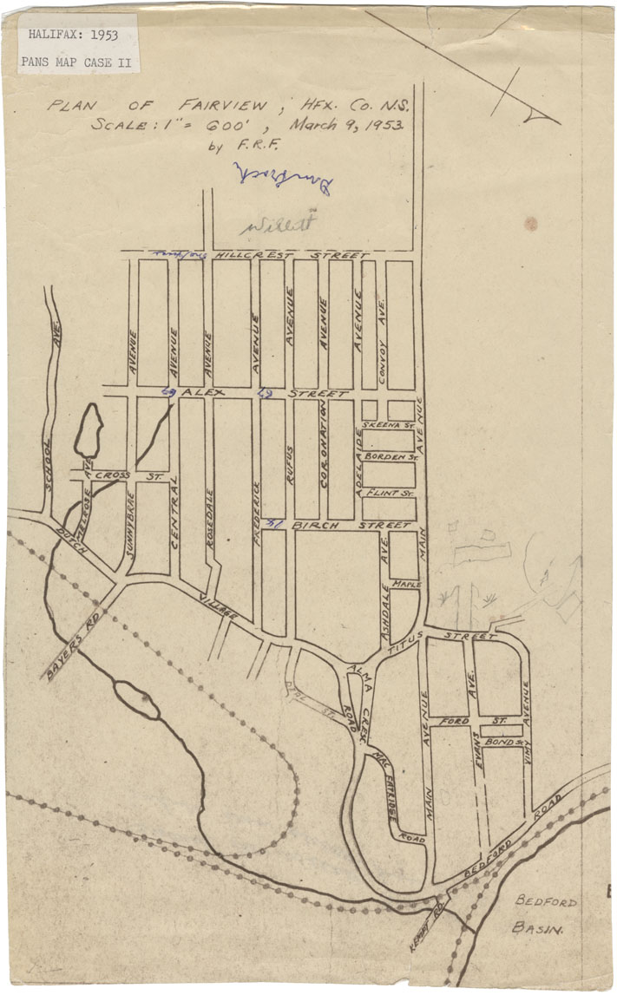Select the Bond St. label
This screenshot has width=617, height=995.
(501, 743)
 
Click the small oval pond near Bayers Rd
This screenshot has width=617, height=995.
(137, 699)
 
